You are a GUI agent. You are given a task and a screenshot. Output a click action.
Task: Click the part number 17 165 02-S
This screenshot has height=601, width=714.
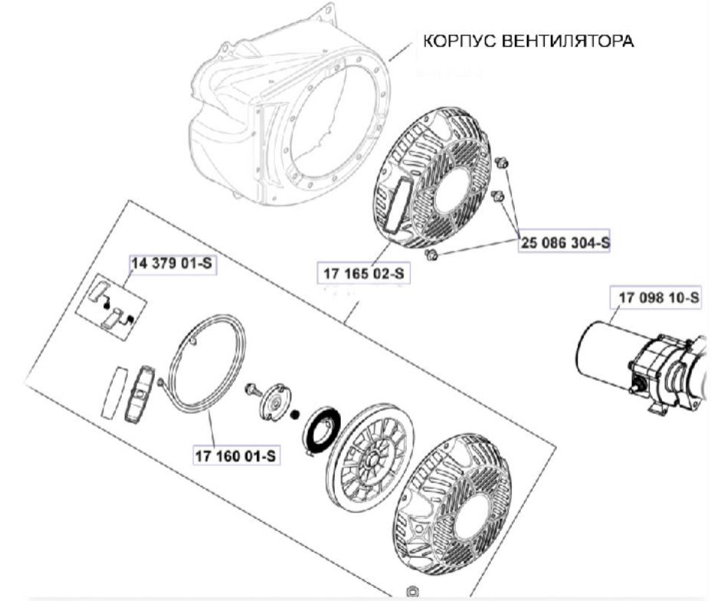[363, 274]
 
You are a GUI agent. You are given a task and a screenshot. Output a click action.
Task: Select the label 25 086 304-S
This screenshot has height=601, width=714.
[565, 242]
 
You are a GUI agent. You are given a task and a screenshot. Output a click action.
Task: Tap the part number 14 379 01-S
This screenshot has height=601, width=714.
[172, 264]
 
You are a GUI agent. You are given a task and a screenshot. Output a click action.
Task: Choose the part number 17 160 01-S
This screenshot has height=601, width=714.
[236, 455]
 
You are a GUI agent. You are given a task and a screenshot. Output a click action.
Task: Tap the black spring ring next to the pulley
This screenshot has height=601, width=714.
[322, 432]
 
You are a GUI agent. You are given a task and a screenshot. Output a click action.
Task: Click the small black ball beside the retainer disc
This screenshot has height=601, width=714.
[295, 415]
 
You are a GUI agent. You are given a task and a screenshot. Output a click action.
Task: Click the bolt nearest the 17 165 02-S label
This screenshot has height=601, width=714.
[430, 255]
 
